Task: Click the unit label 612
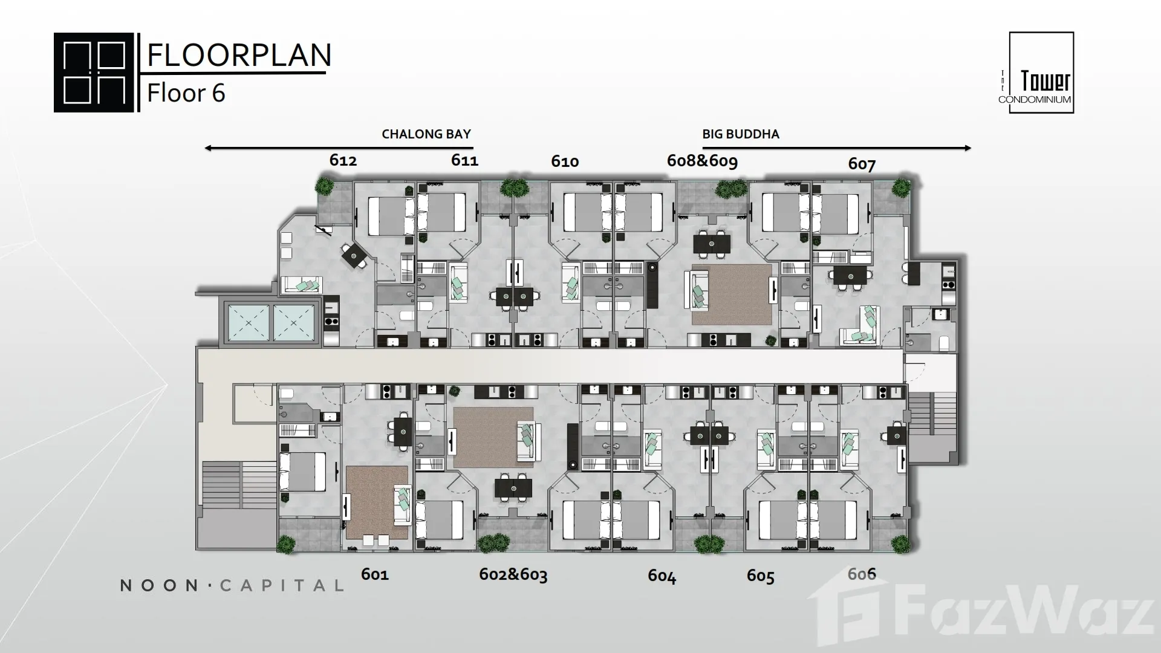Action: tap(343, 160)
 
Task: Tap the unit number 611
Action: tap(464, 160)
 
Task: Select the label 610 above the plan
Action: tap(565, 161)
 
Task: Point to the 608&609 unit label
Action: tap(702, 161)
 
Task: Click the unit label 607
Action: tap(862, 164)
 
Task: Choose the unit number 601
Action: tap(375, 574)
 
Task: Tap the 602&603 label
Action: tap(513, 574)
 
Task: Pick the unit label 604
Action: tap(662, 576)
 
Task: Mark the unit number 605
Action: tap(761, 576)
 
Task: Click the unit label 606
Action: tap(862, 574)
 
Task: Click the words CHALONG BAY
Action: tap(426, 134)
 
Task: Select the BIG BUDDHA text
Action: tap(741, 134)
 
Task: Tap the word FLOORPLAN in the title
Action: tap(239, 55)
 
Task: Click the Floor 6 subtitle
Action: tap(186, 93)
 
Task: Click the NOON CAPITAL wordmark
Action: tap(232, 585)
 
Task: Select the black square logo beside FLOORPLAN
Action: tap(94, 73)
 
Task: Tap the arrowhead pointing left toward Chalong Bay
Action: tap(209, 148)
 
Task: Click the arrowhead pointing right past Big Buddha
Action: tap(968, 148)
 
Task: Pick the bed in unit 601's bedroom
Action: tap(302, 472)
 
